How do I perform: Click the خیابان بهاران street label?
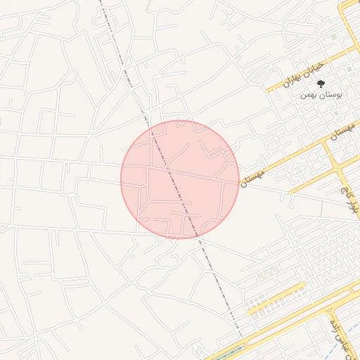(x=304, y=73)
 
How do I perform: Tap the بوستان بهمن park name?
(x=321, y=94)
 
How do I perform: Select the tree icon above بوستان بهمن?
(x=321, y=83)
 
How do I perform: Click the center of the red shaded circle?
(x=180, y=179)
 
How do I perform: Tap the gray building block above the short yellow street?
(x=267, y=275)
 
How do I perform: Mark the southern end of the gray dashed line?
(x=241, y=336)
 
